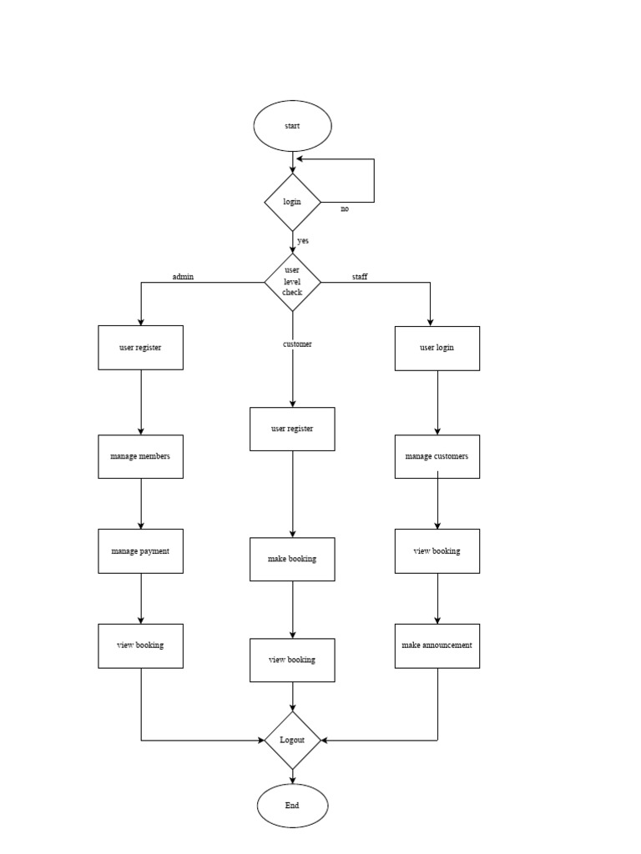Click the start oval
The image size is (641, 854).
pos(292,126)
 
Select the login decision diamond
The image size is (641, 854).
pos(292,202)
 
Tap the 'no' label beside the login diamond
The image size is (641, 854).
pos(345,209)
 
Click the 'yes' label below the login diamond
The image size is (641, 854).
pos(302,240)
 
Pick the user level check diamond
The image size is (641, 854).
pos(292,282)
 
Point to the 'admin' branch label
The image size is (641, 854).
pos(183,276)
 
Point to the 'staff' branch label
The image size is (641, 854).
pos(360,276)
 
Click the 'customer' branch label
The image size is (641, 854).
pos(297,344)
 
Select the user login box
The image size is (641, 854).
pos(437,348)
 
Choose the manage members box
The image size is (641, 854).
pos(140,456)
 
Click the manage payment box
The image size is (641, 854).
pos(140,551)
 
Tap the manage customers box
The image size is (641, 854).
pos(437,456)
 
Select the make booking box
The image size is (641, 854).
pos(292,559)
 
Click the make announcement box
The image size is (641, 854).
pos(437,646)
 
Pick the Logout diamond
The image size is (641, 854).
pos(292,740)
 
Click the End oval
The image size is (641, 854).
pos(292,806)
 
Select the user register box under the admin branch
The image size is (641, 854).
pos(140,347)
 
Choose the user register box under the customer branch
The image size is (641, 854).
pos(292,429)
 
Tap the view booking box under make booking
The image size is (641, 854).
pos(292,660)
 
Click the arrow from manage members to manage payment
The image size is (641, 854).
pos(140,504)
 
